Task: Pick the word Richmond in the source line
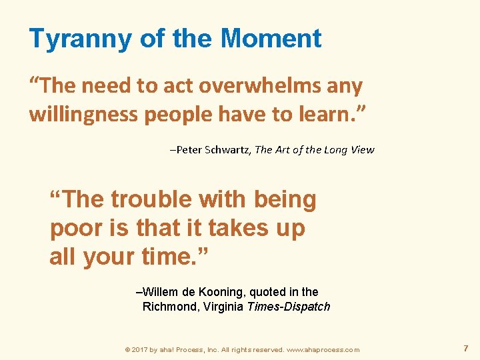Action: pos(169,307)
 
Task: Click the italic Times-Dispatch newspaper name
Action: pos(289,307)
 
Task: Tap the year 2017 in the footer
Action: pos(141,349)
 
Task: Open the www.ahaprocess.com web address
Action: pos(323,349)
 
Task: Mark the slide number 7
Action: pos(465,348)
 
